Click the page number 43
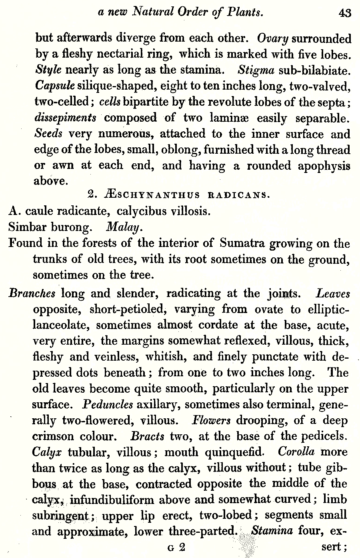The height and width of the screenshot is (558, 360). point(344,13)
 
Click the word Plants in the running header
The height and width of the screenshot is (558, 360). point(245,12)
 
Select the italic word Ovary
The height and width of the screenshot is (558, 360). point(273,39)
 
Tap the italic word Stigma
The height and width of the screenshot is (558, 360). point(256,70)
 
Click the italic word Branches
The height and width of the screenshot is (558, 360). point(32,294)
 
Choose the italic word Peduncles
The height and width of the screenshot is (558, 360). point(107,404)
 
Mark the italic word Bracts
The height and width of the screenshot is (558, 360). point(148,436)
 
